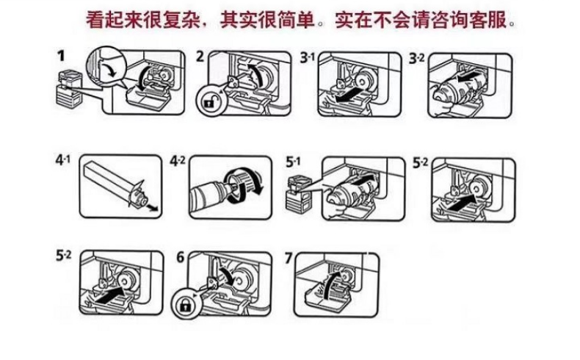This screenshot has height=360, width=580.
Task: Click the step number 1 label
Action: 61,57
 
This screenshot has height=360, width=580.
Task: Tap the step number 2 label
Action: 200,57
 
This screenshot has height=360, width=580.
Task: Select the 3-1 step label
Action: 308,58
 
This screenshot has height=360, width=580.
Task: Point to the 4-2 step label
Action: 178,161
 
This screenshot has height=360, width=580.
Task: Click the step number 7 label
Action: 289,258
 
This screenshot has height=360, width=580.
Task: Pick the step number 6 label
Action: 180,257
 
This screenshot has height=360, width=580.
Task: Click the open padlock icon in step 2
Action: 209,101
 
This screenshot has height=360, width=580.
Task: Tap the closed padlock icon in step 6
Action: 184,306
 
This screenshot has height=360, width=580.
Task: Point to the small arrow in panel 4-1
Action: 153,208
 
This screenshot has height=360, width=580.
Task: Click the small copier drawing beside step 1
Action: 68,89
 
